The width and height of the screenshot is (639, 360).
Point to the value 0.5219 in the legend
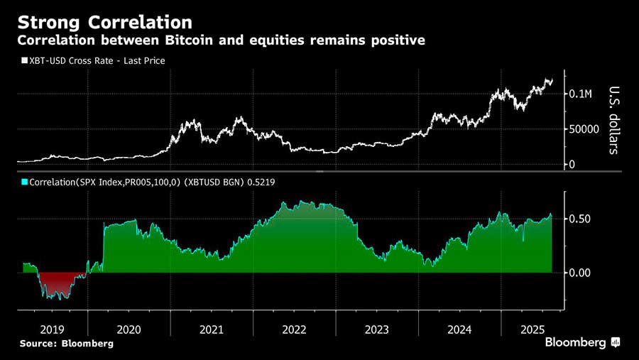click(261, 182)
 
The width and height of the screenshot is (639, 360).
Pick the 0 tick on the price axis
click(572, 165)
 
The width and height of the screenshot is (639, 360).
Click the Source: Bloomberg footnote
click(66, 344)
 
